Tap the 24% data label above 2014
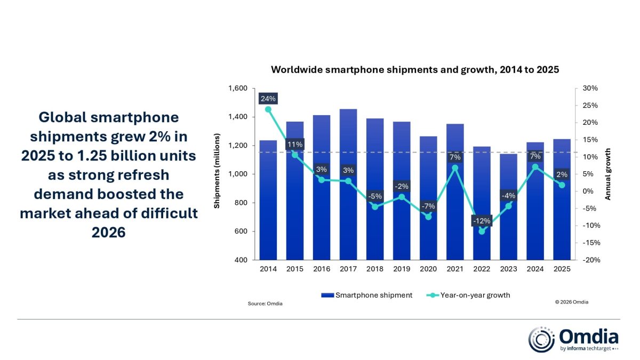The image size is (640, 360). (x=268, y=99)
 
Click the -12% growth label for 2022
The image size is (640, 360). (x=482, y=221)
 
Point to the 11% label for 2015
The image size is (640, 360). (x=295, y=144)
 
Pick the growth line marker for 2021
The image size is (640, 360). (x=455, y=167)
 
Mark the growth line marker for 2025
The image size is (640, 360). (x=562, y=185)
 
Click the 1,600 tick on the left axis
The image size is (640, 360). (x=238, y=88)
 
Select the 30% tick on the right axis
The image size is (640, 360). (x=590, y=88)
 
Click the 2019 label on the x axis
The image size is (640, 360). (x=402, y=269)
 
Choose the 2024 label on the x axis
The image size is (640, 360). (x=535, y=269)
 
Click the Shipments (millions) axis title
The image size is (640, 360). (x=218, y=174)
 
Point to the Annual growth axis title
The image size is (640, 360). (x=608, y=174)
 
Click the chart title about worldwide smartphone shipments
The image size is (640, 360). (x=415, y=69)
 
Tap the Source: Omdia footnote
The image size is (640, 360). (x=265, y=303)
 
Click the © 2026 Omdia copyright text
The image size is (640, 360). (x=572, y=302)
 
